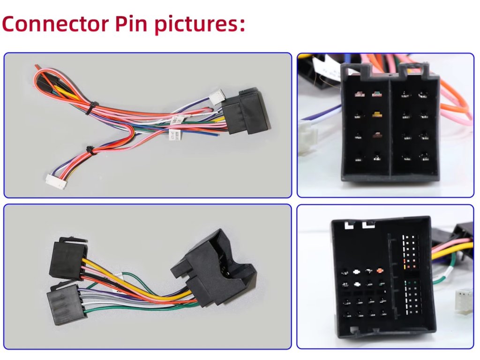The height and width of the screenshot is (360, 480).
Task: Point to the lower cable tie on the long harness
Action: (90, 150)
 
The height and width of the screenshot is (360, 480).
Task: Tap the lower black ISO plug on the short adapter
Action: (65, 305)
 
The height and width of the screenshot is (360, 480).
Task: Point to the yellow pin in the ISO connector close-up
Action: (376, 114)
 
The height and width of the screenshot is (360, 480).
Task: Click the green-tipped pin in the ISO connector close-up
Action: (375, 94)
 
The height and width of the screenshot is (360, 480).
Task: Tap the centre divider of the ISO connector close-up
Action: (390, 127)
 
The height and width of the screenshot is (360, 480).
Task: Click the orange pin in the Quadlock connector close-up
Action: (380, 271)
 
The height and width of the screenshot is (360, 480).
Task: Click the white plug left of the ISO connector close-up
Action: (307, 136)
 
